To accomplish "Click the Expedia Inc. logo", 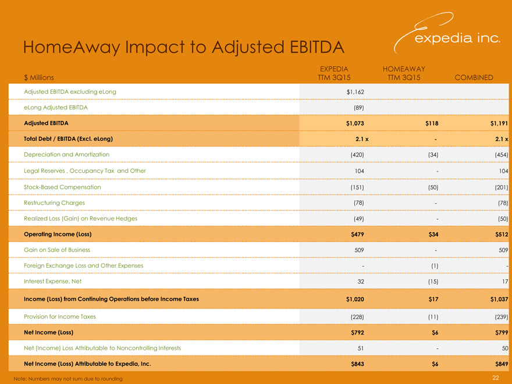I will click(x=448, y=35).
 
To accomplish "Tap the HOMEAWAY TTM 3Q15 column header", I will click(x=404, y=73).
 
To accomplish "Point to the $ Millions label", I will click(x=38, y=77).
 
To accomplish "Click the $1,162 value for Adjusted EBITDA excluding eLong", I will click(x=354, y=93).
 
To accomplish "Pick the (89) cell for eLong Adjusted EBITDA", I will click(x=358, y=108).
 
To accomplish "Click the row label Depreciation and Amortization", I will click(x=66, y=155).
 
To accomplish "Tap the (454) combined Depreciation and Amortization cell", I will click(x=502, y=155).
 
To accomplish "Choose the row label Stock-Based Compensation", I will click(x=62, y=187).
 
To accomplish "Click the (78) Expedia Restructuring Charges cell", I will click(x=358, y=202).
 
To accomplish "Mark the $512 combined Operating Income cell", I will click(x=500, y=234).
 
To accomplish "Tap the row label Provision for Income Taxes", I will click(x=60, y=317).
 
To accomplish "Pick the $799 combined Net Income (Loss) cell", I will click(x=500, y=332).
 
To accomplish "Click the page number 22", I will click(x=496, y=378).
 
